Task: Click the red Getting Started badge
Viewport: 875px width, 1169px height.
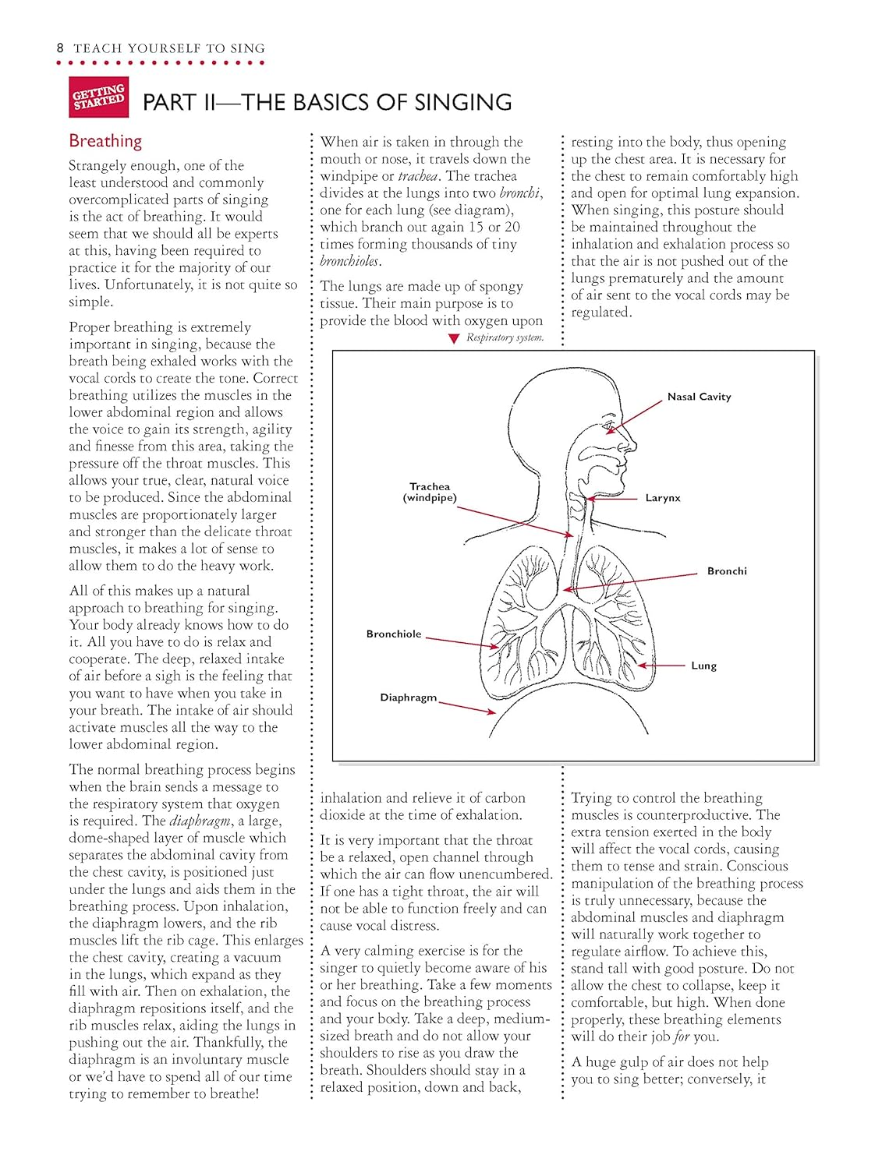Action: point(99,97)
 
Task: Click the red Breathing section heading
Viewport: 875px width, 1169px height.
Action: point(105,141)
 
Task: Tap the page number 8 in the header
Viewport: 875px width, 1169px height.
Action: point(60,48)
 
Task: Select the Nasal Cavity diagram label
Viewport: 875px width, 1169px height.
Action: point(699,397)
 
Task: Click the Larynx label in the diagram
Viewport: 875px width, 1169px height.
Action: point(662,498)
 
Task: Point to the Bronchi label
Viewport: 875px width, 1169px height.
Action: point(727,571)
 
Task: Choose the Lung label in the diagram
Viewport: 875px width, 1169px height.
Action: point(703,666)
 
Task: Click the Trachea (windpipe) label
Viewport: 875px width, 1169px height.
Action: point(430,492)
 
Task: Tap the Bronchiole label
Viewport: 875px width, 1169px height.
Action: point(394,634)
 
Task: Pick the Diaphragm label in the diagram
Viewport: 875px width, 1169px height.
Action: point(408,698)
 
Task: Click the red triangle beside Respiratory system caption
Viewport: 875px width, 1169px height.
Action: point(454,339)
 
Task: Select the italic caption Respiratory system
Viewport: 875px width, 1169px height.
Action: point(505,337)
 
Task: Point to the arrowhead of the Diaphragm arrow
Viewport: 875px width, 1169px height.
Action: point(491,712)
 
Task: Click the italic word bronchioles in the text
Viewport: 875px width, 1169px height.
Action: point(349,261)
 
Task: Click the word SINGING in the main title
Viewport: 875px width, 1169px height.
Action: point(463,103)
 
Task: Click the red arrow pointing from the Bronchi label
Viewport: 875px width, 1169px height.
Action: point(632,581)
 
